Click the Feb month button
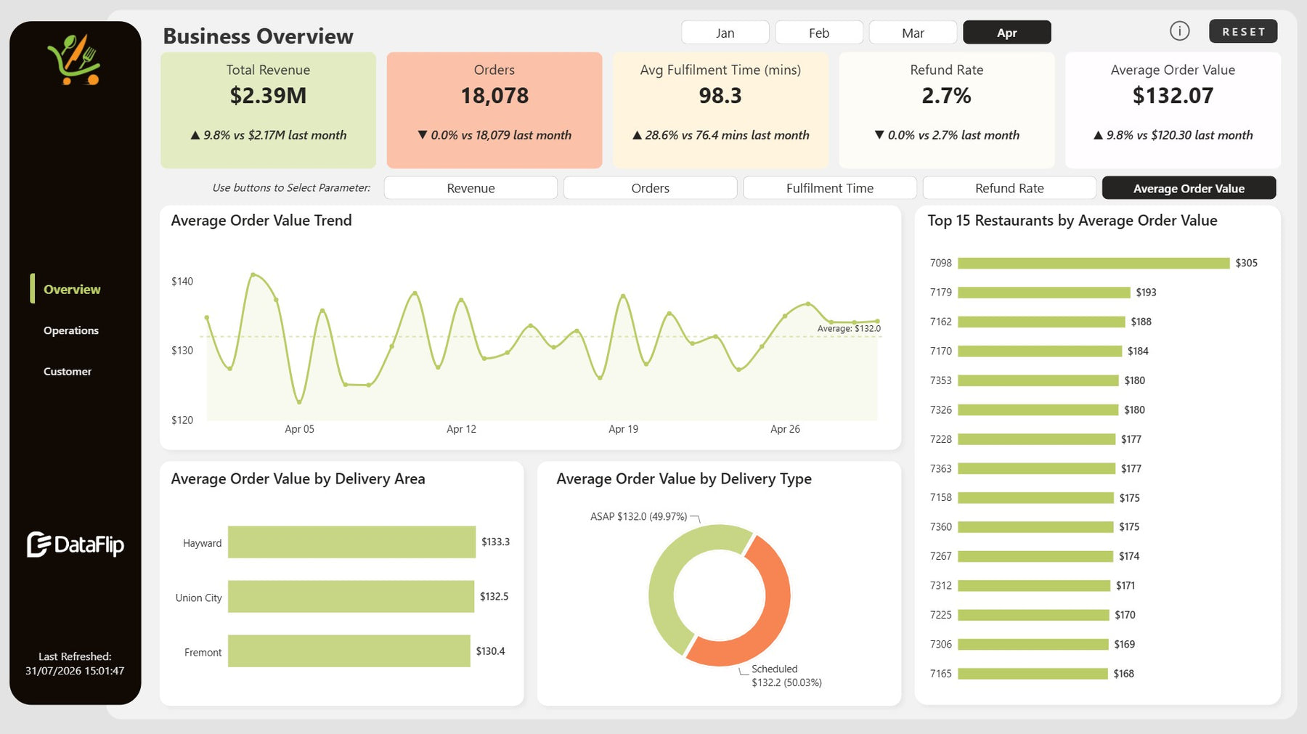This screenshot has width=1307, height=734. click(x=819, y=33)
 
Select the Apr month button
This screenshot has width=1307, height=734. click(x=1006, y=33)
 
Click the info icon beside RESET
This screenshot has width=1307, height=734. click(x=1180, y=30)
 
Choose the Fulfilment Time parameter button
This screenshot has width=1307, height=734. click(x=830, y=188)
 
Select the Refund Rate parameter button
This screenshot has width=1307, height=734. click(x=1009, y=188)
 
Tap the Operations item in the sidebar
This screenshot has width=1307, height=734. click(x=71, y=330)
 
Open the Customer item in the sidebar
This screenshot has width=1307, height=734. click(x=68, y=371)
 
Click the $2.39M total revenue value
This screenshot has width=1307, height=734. click(x=268, y=95)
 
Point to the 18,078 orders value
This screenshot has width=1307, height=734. click(x=494, y=95)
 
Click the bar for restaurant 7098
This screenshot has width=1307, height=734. click(x=1094, y=263)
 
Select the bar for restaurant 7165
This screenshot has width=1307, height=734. click(x=1033, y=674)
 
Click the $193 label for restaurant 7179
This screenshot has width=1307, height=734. click(x=1146, y=293)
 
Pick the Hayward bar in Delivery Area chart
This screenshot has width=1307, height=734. click(x=351, y=542)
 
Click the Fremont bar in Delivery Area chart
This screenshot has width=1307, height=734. click(x=349, y=651)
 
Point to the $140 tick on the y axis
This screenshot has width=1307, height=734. click(x=182, y=281)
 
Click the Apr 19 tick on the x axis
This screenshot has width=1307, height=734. click(x=623, y=429)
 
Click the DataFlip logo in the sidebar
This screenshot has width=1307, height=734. click(x=76, y=545)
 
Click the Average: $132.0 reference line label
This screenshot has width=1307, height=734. click(x=849, y=328)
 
